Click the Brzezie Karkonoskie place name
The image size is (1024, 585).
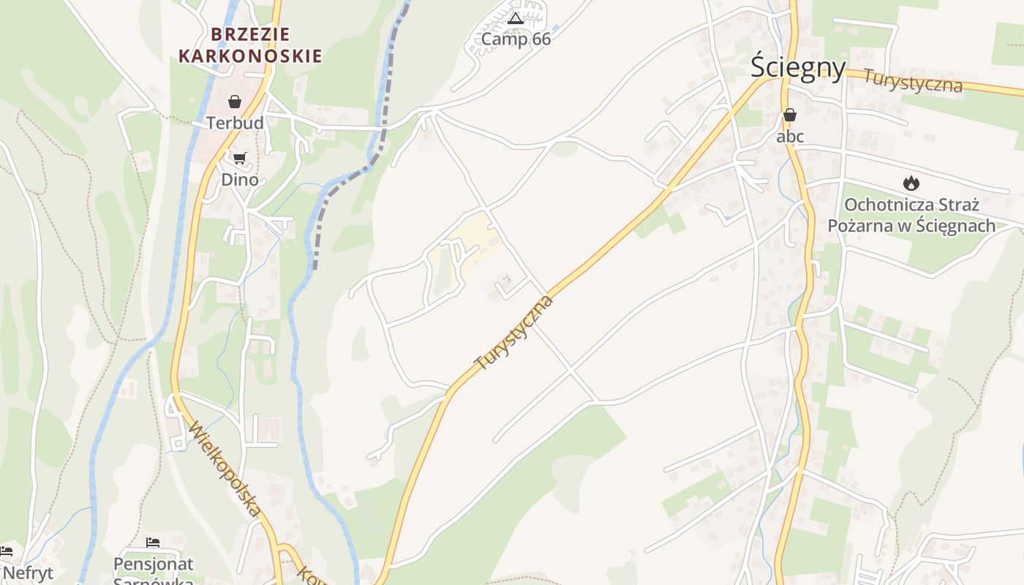250,45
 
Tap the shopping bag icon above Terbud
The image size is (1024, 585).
235,102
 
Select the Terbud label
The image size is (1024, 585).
235,123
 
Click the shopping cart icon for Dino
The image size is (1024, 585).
239,158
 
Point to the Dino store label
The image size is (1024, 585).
240,179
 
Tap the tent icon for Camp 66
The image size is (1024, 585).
516,18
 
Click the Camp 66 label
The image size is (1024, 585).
516,39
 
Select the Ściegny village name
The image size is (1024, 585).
798,67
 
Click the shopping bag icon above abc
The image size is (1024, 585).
790,115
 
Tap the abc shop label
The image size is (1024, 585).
790,136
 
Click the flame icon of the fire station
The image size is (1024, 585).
911,183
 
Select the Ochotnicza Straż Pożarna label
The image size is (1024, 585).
911,214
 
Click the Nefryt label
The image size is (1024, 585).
28,572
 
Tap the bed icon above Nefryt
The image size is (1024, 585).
7,551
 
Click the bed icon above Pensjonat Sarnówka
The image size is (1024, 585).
153,543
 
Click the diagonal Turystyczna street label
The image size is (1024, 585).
514,333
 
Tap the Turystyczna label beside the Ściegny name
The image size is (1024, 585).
913,80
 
